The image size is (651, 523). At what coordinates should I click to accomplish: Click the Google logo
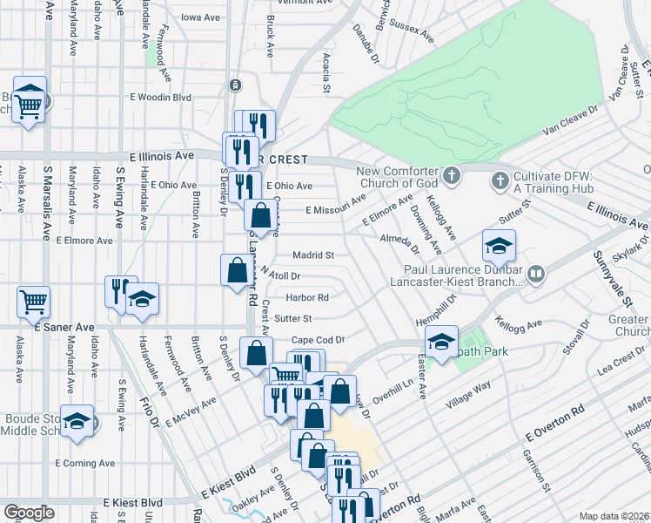pos(29,513)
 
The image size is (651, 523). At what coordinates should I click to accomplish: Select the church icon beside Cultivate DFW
pos(500,181)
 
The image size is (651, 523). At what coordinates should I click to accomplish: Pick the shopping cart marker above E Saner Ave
pos(33,302)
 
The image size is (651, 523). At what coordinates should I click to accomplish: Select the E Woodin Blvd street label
pos(159,98)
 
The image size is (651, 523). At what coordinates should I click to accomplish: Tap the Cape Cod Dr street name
pos(319,340)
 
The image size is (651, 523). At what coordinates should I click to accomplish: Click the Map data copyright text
pos(613,516)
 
